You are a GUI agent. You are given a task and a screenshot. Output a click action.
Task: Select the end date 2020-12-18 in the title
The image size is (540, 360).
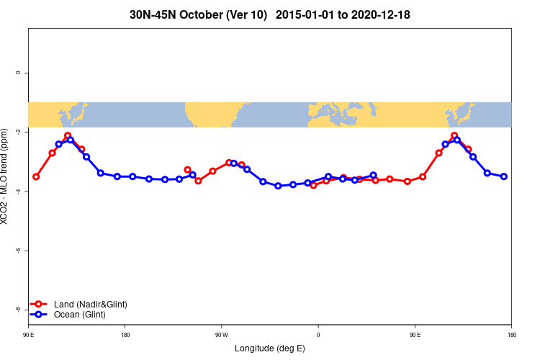point(380,14)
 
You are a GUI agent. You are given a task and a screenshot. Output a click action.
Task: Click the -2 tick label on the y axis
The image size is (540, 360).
point(18,132)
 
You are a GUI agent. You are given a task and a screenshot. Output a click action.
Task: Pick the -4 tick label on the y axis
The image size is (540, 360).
point(18,192)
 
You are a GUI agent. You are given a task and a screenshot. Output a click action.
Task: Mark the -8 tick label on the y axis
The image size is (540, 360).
point(18,310)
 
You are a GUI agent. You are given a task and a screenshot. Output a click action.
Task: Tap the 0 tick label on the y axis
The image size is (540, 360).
point(18,73)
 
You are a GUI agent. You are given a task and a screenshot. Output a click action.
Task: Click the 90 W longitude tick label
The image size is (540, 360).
point(221,334)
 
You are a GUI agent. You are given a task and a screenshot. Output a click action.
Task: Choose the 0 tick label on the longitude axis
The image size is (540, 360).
point(318,334)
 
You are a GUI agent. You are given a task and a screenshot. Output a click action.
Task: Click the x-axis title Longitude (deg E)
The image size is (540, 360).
point(270,348)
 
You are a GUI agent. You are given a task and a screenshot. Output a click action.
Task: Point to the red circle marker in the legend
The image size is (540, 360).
point(40,305)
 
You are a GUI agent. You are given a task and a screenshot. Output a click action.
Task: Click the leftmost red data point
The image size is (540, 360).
point(36,176)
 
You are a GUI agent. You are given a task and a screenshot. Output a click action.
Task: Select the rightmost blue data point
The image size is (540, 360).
point(504,176)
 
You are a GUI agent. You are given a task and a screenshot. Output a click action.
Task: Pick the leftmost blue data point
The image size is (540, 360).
point(58,144)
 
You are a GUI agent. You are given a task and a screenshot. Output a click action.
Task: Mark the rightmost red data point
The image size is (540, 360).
point(468,149)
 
